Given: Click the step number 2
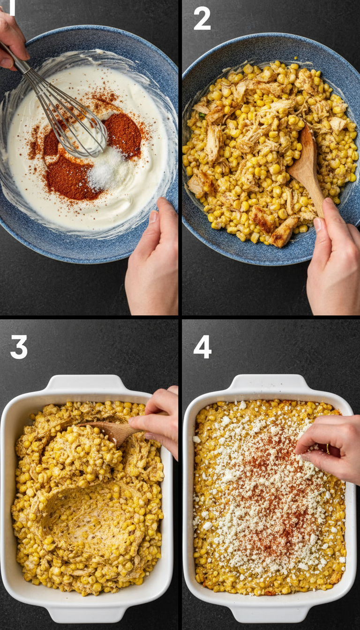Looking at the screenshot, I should point(202,19).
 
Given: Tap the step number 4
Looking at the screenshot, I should point(202,347).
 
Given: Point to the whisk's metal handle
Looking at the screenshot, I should point(19,61).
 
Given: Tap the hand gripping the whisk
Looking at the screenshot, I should point(12,40).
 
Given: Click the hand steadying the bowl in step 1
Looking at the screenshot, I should point(152,262).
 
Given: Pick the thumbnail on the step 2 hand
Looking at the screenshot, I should point(318,224).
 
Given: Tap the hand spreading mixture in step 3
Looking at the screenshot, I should point(157,417).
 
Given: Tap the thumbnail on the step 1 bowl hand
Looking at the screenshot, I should point(153,217).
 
